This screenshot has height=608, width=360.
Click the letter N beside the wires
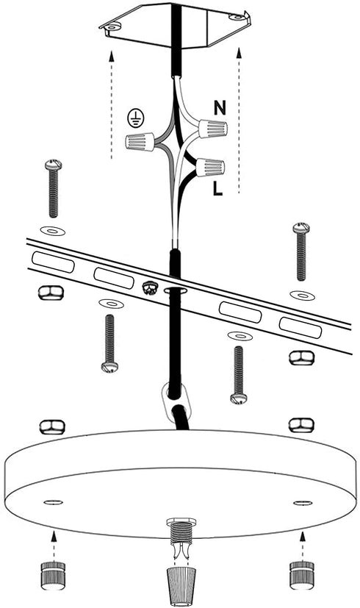tap(220, 108)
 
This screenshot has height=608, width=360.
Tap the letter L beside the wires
tap(217, 188)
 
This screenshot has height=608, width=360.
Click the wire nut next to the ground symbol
tap(140, 141)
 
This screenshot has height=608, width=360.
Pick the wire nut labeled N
tap(212, 129)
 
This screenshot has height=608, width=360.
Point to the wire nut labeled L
tap(210, 168)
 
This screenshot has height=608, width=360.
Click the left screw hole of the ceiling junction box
tap(112, 27)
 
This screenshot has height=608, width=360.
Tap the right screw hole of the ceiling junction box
tap(235, 17)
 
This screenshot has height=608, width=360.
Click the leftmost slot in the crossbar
tap(53, 262)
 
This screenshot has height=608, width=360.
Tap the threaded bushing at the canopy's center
tap(179, 529)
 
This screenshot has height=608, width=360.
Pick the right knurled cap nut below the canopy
tap(302, 575)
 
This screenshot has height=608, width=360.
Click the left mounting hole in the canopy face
tap(54, 503)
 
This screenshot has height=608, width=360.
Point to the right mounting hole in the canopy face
tap(303, 503)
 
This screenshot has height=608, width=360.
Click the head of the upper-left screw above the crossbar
tap(54, 165)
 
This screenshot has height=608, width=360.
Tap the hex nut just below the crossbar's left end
tap(51, 293)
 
